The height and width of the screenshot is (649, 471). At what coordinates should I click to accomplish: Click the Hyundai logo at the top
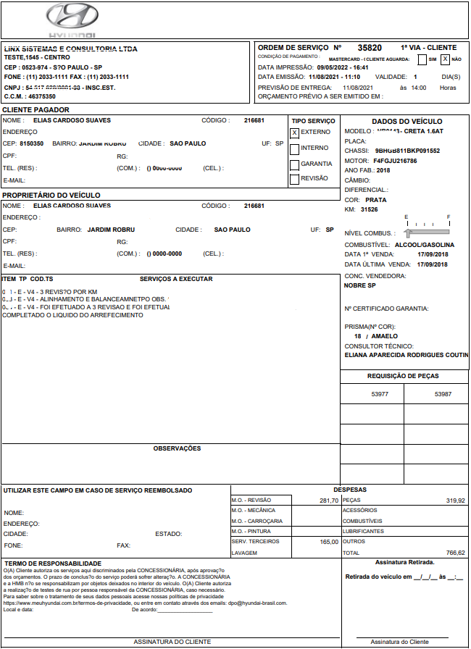pos(71,20)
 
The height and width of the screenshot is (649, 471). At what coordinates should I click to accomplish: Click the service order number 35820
pos(370,48)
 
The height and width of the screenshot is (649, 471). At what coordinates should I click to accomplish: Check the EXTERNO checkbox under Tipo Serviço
pos(294,133)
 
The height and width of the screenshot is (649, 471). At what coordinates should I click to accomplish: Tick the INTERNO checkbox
pos(294,148)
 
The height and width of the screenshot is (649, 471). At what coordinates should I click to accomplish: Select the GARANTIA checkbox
pos(294,164)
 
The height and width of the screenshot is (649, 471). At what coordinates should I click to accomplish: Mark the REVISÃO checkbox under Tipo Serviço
pos(294,179)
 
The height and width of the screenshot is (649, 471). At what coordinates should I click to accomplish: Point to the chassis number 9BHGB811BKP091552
pos(407,151)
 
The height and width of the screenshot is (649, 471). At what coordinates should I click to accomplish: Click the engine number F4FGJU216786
pos(395,161)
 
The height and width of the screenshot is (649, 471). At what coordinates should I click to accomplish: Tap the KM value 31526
pos(369,209)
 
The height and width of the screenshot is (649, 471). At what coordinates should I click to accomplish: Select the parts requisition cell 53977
pos(380,394)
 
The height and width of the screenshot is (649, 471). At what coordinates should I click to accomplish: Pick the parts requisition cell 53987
pos(443,394)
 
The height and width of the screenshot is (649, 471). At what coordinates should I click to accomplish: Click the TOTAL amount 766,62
pos(455,553)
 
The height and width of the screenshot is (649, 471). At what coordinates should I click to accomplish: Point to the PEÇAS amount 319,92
pos(455,501)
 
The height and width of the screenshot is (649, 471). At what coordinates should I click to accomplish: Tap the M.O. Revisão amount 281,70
pos(328,501)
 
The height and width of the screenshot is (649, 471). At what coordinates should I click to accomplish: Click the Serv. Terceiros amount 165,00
pos(328,542)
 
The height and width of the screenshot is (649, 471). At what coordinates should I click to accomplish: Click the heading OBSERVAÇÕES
pos(177,448)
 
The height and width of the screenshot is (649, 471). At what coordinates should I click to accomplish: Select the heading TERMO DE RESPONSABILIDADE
pos(53,564)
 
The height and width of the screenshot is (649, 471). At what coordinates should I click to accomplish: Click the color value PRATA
pos(375,199)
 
